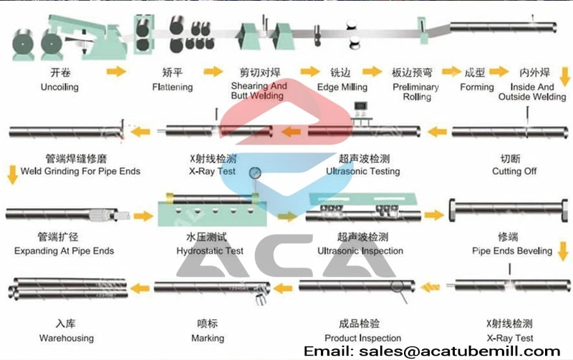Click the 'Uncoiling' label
point(59,87)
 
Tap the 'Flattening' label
point(173,87)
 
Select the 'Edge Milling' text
point(342,87)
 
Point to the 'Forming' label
point(477,87)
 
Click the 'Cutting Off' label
point(514,171)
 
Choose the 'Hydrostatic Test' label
point(210,250)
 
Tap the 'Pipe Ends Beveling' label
point(512,250)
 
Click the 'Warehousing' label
point(67,338)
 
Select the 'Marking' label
point(208,338)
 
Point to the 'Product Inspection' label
point(362,338)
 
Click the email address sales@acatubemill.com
point(459,351)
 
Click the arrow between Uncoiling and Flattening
point(116,71)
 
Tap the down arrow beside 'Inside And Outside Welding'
point(565,77)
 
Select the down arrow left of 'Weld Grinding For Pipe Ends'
point(12,175)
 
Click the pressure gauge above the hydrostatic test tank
point(255,173)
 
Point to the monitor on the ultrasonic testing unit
point(361,106)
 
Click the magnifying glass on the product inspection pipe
point(399,290)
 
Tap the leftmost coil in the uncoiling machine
point(23,44)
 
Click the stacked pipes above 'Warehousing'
point(68,289)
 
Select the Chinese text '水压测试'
point(206,238)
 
